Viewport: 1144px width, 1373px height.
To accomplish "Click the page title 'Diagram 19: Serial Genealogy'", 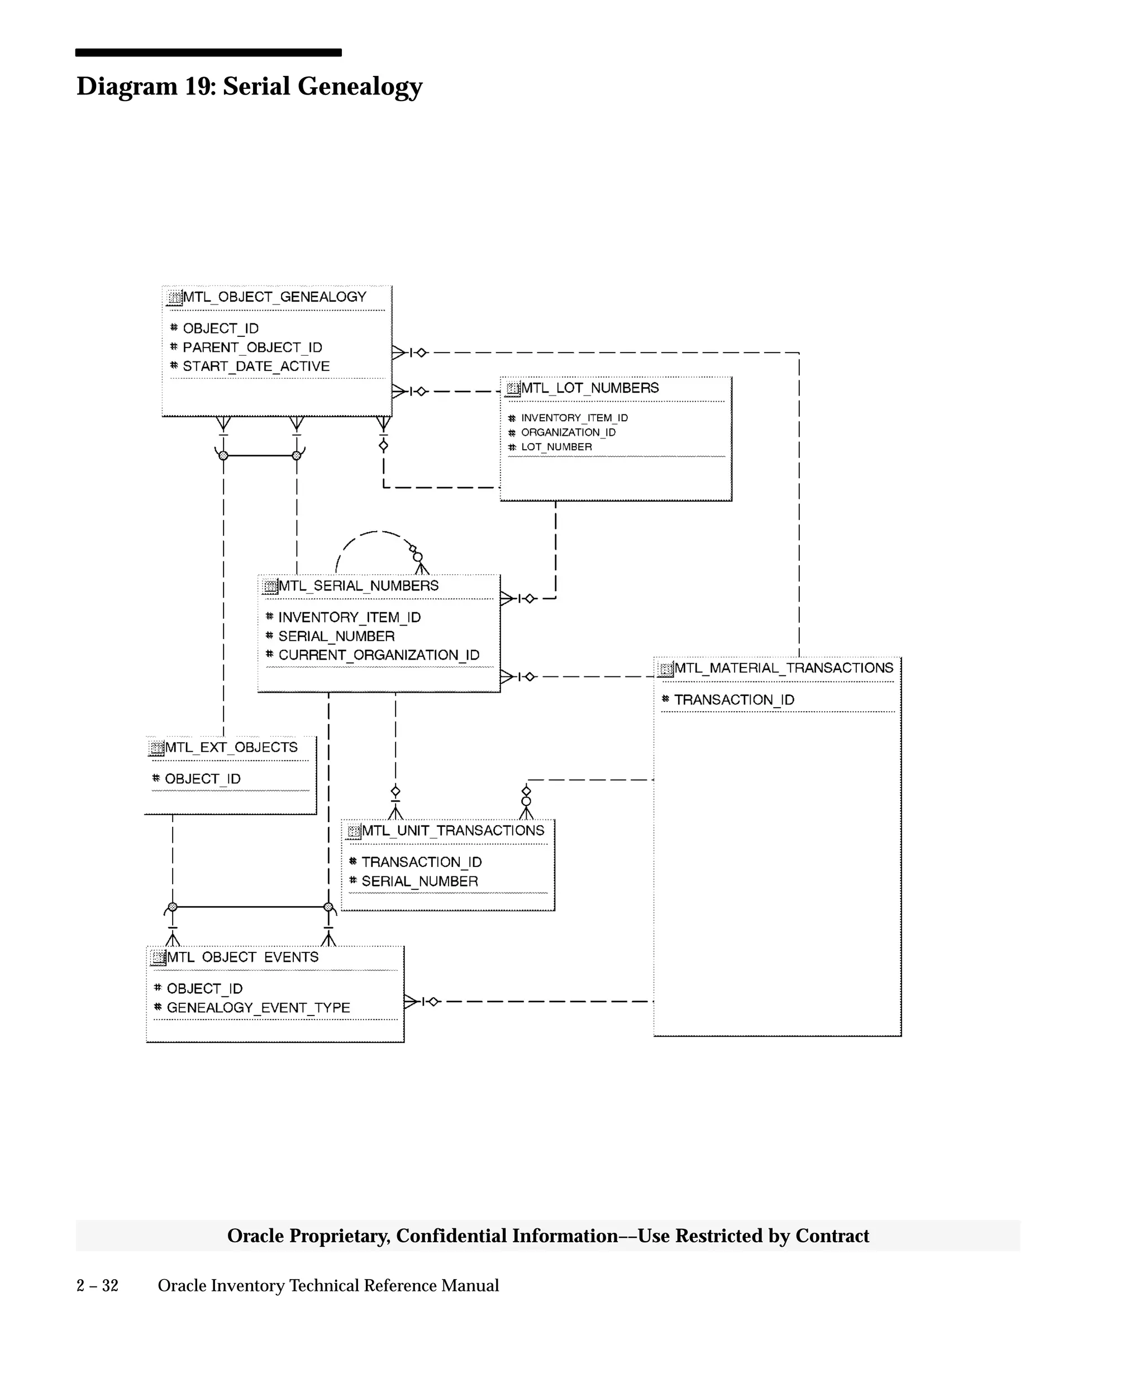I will tap(249, 87).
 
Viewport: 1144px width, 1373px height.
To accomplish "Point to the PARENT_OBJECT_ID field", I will tap(252, 347).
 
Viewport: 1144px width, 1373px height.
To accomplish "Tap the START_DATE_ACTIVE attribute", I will tap(256, 366).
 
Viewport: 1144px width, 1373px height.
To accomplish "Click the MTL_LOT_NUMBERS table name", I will tap(590, 388).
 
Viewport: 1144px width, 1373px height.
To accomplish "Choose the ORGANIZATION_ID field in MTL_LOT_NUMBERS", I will tap(568, 432).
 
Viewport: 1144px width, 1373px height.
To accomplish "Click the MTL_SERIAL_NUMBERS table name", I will tap(358, 586).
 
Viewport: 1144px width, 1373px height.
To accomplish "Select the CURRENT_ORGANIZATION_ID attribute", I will tap(379, 655).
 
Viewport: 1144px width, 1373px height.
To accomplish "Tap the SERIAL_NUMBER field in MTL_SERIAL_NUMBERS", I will tap(336, 636).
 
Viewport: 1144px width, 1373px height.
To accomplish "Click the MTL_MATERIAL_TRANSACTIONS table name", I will tap(783, 668).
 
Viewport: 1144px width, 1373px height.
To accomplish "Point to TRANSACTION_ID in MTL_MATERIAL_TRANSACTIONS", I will tap(733, 699).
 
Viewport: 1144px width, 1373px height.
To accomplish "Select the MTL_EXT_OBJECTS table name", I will tap(231, 747).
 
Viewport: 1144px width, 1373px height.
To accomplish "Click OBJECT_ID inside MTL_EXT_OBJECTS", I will tap(202, 779).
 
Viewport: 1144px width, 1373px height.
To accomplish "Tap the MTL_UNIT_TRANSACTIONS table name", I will tap(452, 831).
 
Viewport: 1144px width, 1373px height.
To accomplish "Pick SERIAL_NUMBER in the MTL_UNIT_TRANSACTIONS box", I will tap(419, 881).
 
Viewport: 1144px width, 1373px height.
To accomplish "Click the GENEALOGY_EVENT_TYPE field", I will tap(258, 1008).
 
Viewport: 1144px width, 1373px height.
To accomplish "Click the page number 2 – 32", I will tap(97, 1285).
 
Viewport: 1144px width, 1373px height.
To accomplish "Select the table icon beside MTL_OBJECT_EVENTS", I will tap(158, 958).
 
